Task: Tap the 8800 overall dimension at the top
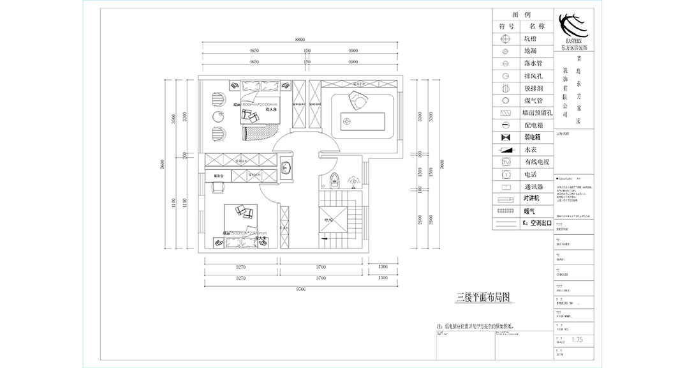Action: [299, 40]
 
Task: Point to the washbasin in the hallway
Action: [286, 169]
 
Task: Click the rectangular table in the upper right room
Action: [364, 119]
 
